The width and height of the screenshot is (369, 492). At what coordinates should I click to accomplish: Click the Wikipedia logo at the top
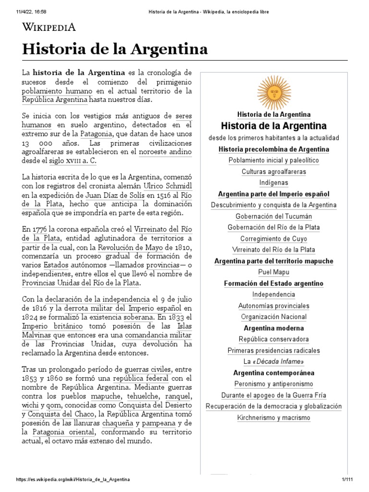49,27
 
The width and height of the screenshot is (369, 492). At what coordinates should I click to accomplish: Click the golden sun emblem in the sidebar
274,92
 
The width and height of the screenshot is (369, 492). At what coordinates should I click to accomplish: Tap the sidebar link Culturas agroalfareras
274,172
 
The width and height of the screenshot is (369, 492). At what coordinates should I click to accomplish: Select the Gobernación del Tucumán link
274,216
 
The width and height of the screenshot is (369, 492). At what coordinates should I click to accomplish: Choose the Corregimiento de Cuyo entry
274,239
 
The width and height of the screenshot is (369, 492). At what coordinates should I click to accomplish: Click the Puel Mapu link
274,272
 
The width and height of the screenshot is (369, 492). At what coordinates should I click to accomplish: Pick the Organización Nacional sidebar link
274,317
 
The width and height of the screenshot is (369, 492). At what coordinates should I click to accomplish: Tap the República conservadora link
274,339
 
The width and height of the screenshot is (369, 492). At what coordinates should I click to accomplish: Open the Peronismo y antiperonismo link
274,384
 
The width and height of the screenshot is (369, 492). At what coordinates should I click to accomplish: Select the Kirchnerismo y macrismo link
274,418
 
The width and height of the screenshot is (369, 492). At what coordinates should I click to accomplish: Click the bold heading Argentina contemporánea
274,373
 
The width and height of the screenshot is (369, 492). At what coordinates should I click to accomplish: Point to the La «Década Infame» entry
274,362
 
